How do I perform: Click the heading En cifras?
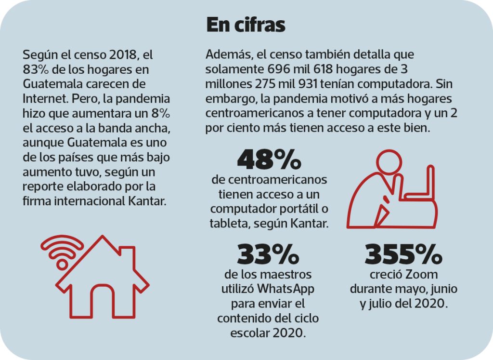(246, 25)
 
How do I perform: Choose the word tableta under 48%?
(229, 223)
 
